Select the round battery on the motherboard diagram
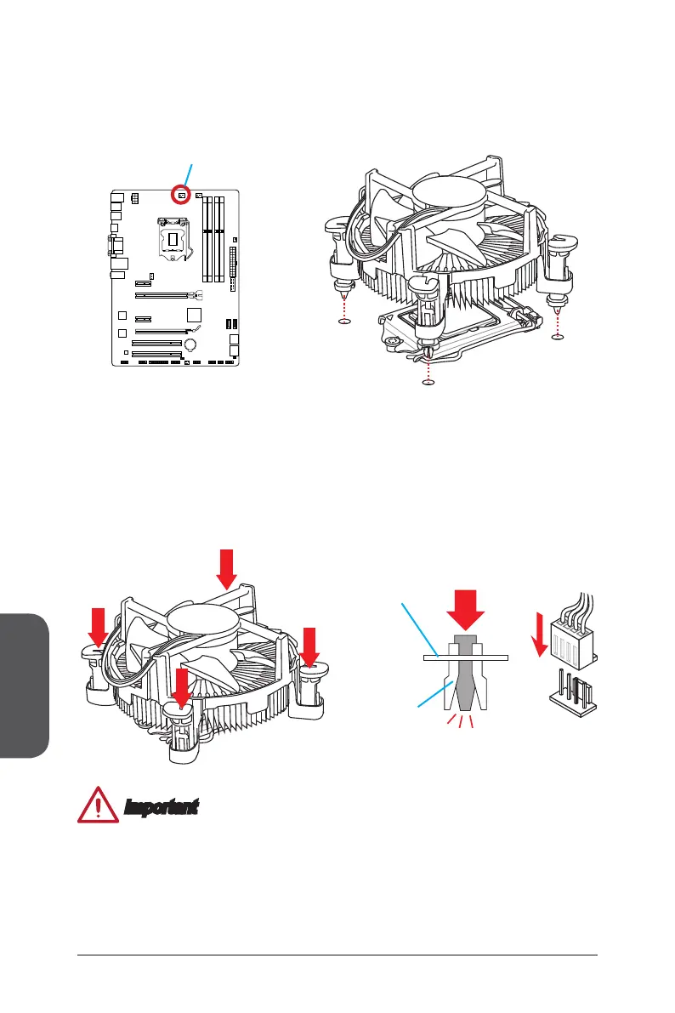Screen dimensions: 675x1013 pos(192,344)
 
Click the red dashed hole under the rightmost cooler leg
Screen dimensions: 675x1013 pos(558,338)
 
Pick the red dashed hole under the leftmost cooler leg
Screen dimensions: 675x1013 pos(343,322)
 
